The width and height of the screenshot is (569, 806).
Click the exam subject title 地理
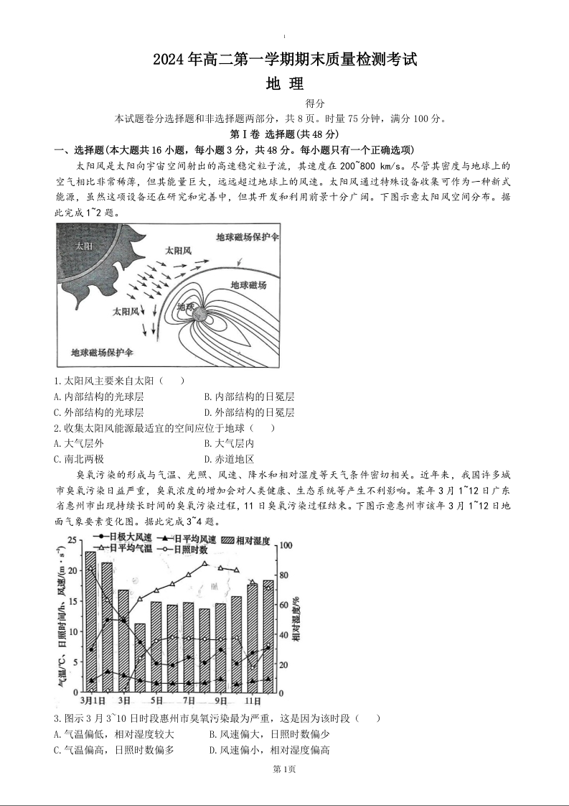285,83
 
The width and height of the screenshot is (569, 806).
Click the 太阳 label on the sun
84,246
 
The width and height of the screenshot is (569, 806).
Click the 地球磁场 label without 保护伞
249,284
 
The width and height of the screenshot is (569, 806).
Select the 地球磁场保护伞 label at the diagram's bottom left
103,352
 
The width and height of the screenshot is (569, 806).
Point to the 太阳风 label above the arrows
178,251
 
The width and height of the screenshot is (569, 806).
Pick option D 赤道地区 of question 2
229,459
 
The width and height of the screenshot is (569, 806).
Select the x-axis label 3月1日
90,700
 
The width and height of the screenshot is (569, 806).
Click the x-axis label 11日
253,700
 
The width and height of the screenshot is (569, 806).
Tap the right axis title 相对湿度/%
296,618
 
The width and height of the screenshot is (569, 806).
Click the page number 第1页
285,769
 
